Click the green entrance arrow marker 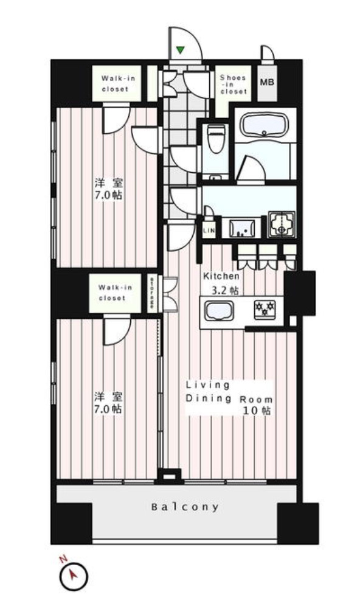(180, 50)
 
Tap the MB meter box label (267, 82)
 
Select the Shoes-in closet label (234, 85)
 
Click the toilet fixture (216, 139)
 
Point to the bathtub (265, 125)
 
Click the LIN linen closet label (209, 231)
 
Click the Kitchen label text (221, 276)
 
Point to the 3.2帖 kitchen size (225, 291)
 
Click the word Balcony (185, 507)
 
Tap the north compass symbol (74, 575)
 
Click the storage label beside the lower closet (151, 293)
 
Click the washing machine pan (282, 224)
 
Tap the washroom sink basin (242, 228)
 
